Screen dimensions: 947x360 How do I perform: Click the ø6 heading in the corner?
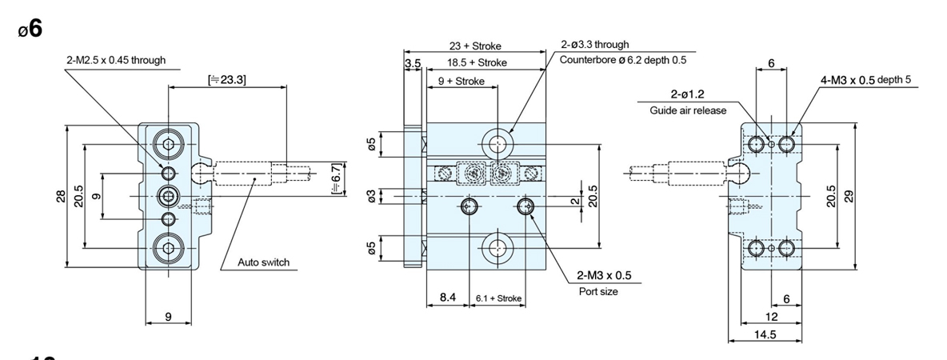[x=30, y=28]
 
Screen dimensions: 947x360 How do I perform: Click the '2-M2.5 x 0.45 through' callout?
[x=116, y=60]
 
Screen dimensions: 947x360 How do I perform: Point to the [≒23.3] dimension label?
[x=227, y=79]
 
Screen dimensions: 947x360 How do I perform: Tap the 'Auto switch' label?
[x=263, y=262]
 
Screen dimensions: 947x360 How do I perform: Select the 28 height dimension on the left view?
[x=61, y=196]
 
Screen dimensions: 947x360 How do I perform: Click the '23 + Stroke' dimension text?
[x=475, y=46]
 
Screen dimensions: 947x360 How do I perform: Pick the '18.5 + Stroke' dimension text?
[x=477, y=63]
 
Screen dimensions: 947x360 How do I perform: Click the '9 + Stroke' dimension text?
[x=462, y=81]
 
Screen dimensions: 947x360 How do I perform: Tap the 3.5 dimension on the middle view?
[x=413, y=63]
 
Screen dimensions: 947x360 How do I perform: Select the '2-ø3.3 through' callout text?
[x=595, y=44]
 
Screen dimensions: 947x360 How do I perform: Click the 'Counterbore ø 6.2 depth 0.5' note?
[x=623, y=60]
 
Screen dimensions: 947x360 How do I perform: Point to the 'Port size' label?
[x=598, y=291]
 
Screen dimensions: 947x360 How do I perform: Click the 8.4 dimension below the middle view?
[x=448, y=297]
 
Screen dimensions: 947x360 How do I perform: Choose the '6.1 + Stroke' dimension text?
[x=498, y=298]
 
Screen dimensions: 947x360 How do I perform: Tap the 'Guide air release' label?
[x=688, y=110]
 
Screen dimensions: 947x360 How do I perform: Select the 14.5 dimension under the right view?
[x=765, y=334]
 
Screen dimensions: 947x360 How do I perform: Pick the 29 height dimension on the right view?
[x=848, y=196]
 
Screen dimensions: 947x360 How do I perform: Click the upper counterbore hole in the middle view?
[x=497, y=144]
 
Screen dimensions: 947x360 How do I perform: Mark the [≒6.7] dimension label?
[x=337, y=179]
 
